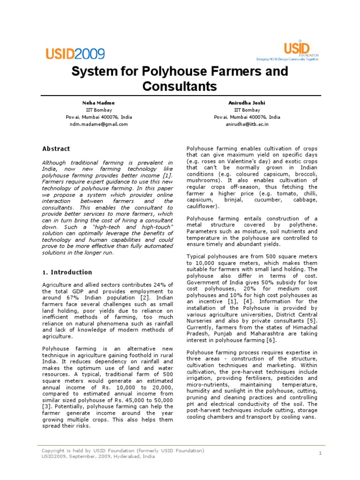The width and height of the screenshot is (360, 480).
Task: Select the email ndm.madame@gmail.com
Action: [99, 124]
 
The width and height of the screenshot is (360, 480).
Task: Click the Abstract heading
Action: [56, 149]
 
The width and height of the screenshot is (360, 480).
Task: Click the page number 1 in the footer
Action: [320, 453]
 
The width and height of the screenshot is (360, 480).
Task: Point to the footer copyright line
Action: [123, 450]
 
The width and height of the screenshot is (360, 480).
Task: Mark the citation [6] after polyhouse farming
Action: [270, 340]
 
